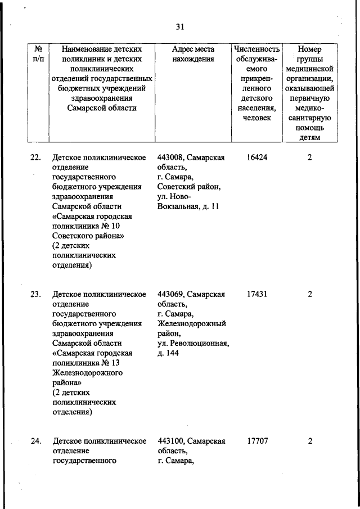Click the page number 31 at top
coord(181,26)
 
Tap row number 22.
coord(35,157)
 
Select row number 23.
coord(35,294)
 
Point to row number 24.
coord(35,441)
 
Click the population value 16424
coord(256,157)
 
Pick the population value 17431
coord(256,294)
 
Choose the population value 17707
coord(256,441)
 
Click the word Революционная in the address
coord(200,343)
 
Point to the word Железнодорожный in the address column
coord(192,323)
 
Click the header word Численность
coord(256,49)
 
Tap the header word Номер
coord(309,49)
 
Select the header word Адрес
coord(183,49)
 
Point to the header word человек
coord(256,117)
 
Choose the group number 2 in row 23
coord(309,294)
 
